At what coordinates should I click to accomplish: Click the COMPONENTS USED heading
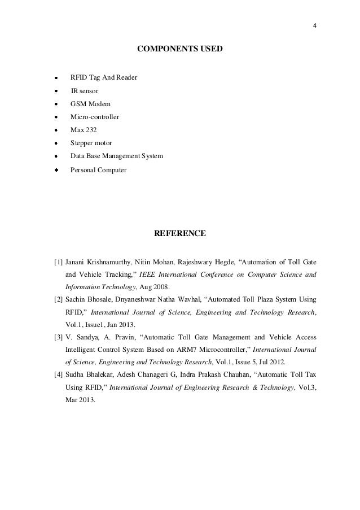[x=180, y=50]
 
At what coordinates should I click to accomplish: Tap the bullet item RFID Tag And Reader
[x=103, y=77]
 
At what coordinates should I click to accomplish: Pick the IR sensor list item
[x=84, y=90]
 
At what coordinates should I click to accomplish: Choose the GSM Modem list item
[x=90, y=104]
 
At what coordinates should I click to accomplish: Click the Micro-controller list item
[x=94, y=117]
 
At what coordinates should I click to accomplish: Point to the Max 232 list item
[x=84, y=130]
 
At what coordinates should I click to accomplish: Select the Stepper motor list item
[x=91, y=143]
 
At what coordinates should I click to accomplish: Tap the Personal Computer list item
[x=98, y=169]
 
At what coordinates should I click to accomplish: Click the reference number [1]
[x=58, y=263]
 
